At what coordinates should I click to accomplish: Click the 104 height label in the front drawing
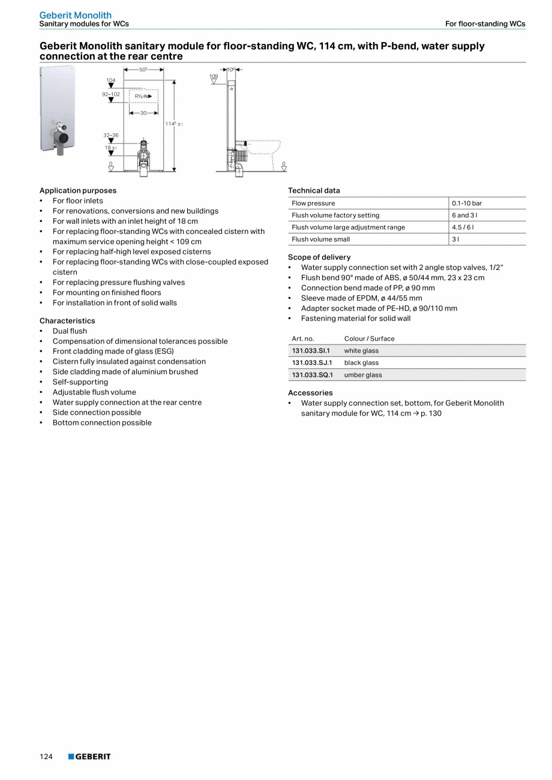[x=111, y=80]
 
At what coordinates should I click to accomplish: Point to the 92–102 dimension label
[x=111, y=94]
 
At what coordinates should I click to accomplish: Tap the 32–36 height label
[x=111, y=136]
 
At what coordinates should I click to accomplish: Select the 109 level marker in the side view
[x=214, y=77]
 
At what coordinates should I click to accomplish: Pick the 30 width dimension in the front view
[x=143, y=113]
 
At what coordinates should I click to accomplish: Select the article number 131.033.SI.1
[x=311, y=351]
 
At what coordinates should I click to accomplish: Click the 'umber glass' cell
[x=363, y=375]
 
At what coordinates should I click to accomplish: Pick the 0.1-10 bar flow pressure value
[x=467, y=203]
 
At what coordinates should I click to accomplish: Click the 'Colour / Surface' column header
[x=369, y=338]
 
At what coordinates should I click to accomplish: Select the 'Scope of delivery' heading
[x=319, y=257]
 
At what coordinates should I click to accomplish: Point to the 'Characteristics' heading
[x=67, y=321]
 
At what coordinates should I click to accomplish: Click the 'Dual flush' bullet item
[x=70, y=331]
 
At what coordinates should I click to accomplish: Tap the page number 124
[x=46, y=757]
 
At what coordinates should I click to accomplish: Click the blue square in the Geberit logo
[x=71, y=757]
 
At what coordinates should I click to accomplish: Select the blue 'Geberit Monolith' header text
[x=76, y=15]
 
